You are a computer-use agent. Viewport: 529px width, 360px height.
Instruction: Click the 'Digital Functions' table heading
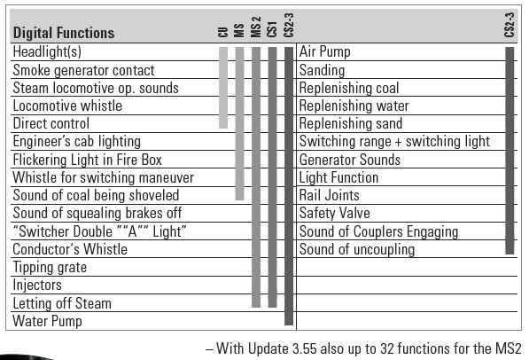64,33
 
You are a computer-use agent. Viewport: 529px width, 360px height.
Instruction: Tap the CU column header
223,32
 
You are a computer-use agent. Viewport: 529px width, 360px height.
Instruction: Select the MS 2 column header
256,27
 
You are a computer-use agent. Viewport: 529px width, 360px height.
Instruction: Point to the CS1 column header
272,29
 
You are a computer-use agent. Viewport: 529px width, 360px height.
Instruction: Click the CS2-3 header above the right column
510,25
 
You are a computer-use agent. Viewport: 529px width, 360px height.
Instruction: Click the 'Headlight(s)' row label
47,52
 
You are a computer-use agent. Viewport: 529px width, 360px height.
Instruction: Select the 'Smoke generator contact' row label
83,70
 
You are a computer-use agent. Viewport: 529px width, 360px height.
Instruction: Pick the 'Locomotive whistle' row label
67,106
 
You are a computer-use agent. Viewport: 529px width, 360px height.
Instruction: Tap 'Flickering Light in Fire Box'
87,160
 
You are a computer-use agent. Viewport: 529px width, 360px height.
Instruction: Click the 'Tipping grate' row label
50,268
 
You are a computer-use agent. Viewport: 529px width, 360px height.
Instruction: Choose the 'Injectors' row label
37,285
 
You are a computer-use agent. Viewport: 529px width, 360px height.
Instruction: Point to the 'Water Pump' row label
47,321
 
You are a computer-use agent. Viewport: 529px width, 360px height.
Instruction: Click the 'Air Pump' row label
325,52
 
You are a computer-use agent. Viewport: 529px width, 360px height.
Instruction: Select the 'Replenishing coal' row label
349,88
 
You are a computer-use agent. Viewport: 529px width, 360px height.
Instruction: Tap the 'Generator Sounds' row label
350,160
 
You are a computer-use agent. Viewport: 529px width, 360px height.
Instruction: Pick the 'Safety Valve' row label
335,213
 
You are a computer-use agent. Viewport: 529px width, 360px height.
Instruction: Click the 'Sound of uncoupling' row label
357,249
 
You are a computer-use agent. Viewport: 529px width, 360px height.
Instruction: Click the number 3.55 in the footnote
305,348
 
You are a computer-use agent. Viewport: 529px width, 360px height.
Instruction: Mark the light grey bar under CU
223,88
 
